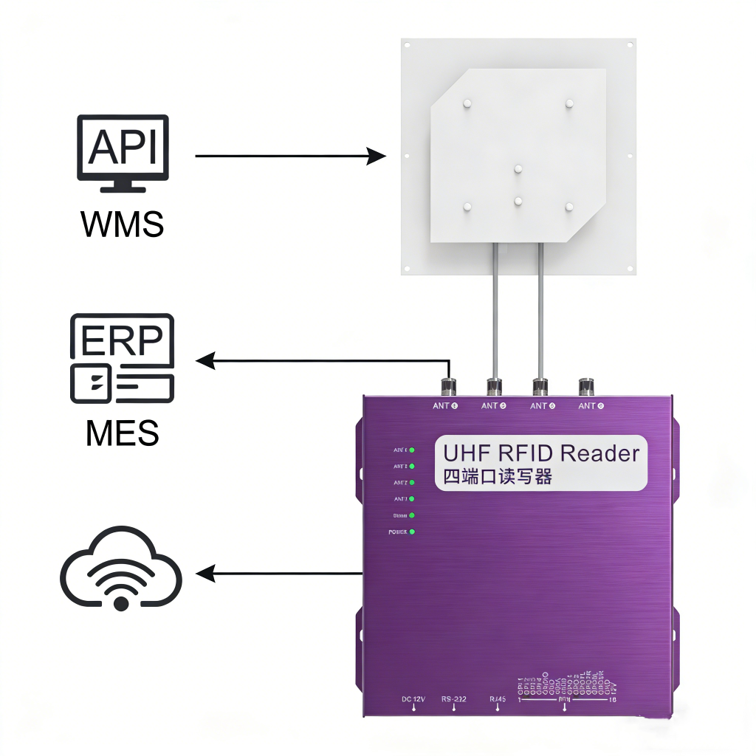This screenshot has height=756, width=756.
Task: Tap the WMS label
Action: coord(123,224)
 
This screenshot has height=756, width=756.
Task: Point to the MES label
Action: coord(123,433)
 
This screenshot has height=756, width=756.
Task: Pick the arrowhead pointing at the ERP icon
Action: coord(205,361)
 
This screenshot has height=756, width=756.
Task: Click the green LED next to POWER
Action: coord(412,532)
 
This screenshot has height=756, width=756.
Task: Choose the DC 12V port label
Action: coord(413,698)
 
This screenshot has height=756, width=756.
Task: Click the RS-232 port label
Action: coord(454,698)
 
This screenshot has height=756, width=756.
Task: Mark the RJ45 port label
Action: coord(498,698)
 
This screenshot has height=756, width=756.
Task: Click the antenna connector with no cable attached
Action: coord(587,385)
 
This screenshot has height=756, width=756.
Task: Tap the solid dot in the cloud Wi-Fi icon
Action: coord(121,603)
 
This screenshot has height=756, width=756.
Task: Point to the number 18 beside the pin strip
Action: coord(612,700)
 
